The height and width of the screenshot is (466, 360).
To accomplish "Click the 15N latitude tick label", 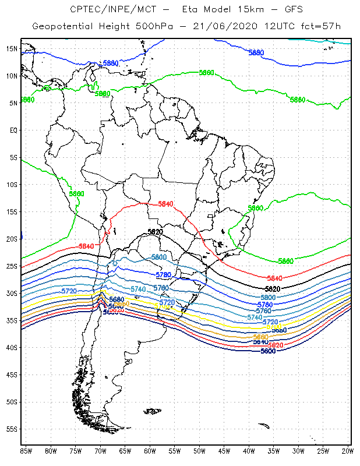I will coord(12,48).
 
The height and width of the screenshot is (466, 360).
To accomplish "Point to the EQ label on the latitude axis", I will coord(13,130).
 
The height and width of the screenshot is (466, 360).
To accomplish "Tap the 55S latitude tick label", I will coord(12,429).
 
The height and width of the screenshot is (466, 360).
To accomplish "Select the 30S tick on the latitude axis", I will coord(12,293).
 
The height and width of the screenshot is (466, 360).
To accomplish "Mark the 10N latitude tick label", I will coord(12,76).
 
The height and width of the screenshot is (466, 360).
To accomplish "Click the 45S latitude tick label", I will coord(12,375).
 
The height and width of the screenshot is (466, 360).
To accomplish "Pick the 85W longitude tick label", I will coord(26,450).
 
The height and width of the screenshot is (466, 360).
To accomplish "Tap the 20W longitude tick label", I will coord(348,450).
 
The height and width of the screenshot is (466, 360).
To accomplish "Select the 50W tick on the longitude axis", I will coord(199,450).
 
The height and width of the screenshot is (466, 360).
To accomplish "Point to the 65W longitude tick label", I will coord(125,450).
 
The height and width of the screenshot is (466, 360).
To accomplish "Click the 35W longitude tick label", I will coord(274,450).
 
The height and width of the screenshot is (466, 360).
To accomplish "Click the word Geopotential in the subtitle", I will coord(65,27).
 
